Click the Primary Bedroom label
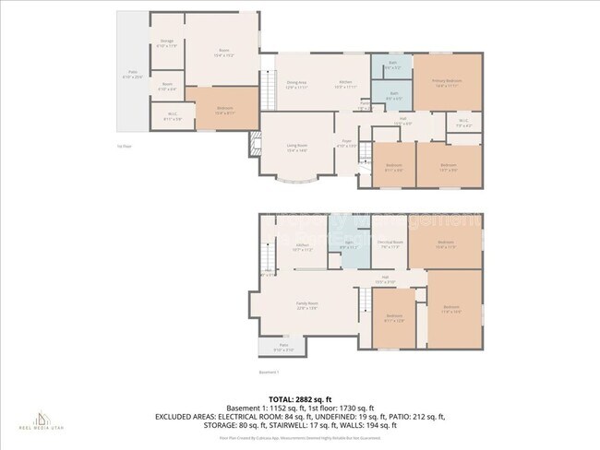[x=446, y=82]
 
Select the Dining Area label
[x=295, y=84]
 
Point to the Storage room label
[x=167, y=42]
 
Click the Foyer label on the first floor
[x=345, y=145]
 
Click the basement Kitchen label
[x=302, y=247]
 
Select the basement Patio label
[x=283, y=348]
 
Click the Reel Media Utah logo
[x=38, y=420]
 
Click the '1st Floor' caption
[x=123, y=146]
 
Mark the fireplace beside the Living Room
[x=254, y=145]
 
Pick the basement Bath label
[x=346, y=245]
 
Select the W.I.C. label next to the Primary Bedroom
[x=463, y=123]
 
